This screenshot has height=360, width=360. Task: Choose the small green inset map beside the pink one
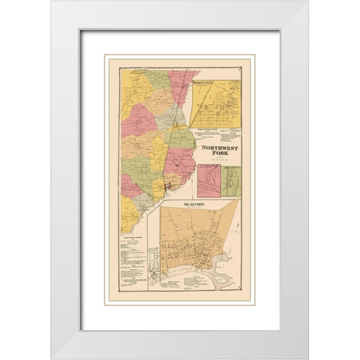pyautogui.click(x=231, y=181)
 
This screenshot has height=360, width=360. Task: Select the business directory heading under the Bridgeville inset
pyautogui.click(x=214, y=129)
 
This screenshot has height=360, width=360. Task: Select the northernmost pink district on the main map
pyautogui.click(x=181, y=82)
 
